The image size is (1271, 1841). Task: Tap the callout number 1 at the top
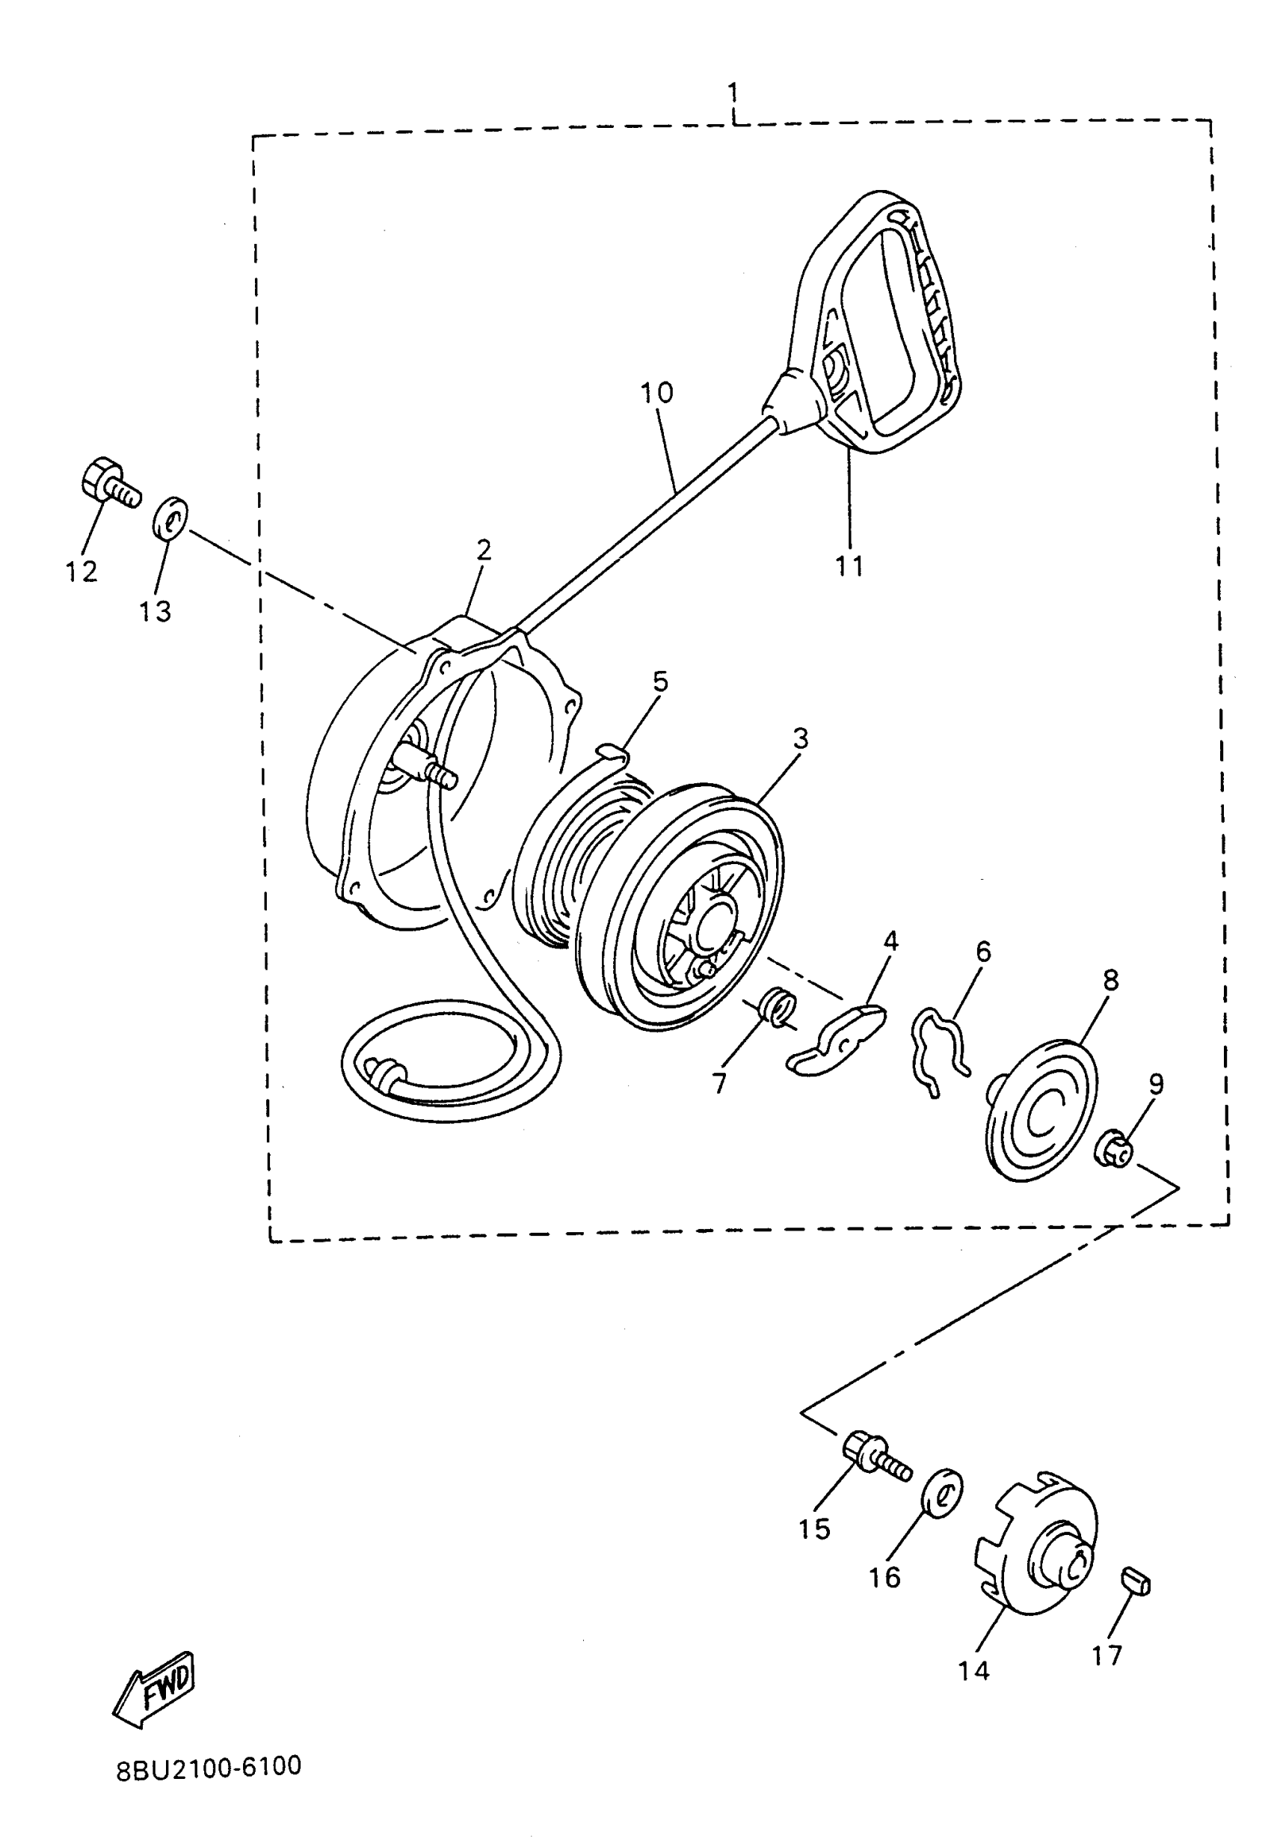pyautogui.click(x=732, y=93)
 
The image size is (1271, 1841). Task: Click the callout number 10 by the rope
pyautogui.click(x=657, y=393)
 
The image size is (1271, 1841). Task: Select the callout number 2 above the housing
pyautogui.click(x=484, y=550)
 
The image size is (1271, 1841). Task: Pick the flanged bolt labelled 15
pyautogui.click(x=875, y=1456)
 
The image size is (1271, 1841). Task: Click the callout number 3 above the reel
pyautogui.click(x=800, y=738)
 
